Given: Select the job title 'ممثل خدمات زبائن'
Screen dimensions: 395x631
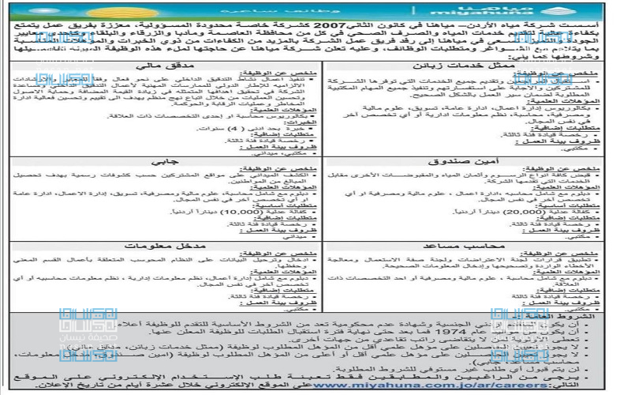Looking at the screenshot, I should pos(472,65).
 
